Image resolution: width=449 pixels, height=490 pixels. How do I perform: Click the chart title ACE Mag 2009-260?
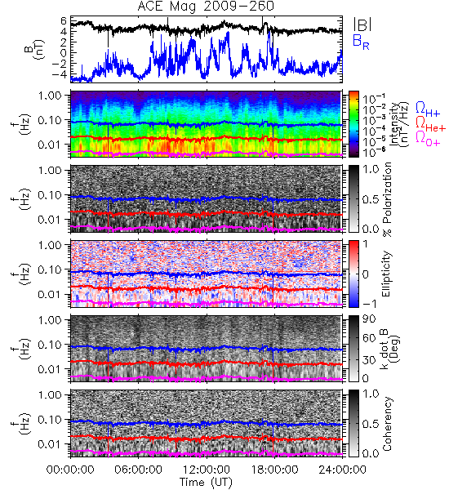tap(206, 6)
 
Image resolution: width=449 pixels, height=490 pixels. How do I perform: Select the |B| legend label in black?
tap(362, 24)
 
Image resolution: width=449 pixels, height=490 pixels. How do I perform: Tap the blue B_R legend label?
tap(361, 42)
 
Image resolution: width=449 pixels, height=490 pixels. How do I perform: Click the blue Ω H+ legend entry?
tap(428, 109)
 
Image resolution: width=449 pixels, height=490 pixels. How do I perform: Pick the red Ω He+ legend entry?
tap(430, 124)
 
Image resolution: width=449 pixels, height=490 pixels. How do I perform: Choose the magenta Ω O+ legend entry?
tap(428, 139)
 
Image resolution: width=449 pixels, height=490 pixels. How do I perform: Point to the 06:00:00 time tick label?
tap(138, 470)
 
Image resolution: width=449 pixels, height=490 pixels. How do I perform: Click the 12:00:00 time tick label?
tap(207, 470)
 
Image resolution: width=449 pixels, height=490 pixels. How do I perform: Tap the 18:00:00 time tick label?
tap(274, 470)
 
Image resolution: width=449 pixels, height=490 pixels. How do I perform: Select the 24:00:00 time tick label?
tap(342, 470)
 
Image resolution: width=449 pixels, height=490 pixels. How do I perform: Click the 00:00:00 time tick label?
tap(70, 470)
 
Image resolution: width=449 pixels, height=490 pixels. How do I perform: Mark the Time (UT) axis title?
tap(207, 483)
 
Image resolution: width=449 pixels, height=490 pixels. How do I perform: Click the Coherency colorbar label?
tap(387, 424)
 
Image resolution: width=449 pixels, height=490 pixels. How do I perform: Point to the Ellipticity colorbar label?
tap(386, 274)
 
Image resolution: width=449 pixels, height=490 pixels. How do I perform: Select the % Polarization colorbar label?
tap(387, 199)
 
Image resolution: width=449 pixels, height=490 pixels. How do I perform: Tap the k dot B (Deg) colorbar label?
tap(390, 348)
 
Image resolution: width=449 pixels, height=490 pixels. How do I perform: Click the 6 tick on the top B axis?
tap(64, 21)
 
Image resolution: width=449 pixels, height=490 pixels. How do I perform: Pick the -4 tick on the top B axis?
tap(60, 74)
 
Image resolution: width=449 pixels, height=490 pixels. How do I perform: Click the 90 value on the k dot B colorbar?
tap(369, 318)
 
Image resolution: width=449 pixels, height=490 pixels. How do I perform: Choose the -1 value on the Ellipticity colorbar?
tap(369, 304)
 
